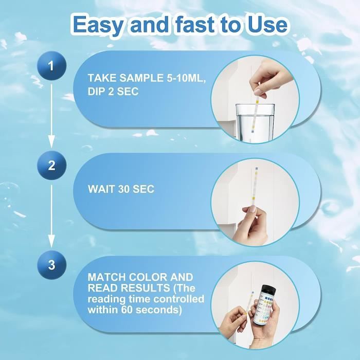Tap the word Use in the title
(x=268, y=24)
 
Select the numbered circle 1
(x=51, y=66)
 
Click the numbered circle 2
(x=51, y=166)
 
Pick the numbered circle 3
(x=51, y=265)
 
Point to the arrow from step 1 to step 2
(x=51, y=116)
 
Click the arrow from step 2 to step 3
(x=51, y=216)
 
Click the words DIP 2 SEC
(x=113, y=92)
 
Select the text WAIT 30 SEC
(x=121, y=189)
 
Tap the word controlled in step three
(x=178, y=299)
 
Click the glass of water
(x=255, y=123)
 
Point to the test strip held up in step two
(x=255, y=186)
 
